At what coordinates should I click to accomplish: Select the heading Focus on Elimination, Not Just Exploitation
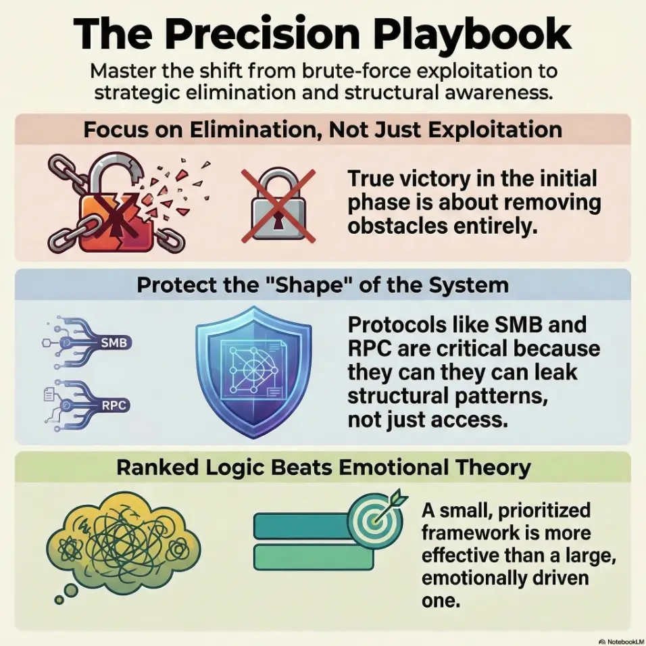pos(322,130)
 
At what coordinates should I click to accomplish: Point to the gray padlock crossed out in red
pos(278,205)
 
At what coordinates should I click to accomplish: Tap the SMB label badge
pos(114,343)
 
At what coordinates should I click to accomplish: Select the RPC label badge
pos(114,405)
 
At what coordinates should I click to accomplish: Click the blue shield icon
pos(253,372)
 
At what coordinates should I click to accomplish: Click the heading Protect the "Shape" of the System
pos(322,285)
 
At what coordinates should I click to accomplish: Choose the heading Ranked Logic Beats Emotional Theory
pos(324,468)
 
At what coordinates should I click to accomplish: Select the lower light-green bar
pos(314,557)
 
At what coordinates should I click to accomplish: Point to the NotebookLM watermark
pos(622,641)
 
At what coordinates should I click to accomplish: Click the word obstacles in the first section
pos(397,226)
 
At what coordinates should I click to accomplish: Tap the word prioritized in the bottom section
pos(544,511)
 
